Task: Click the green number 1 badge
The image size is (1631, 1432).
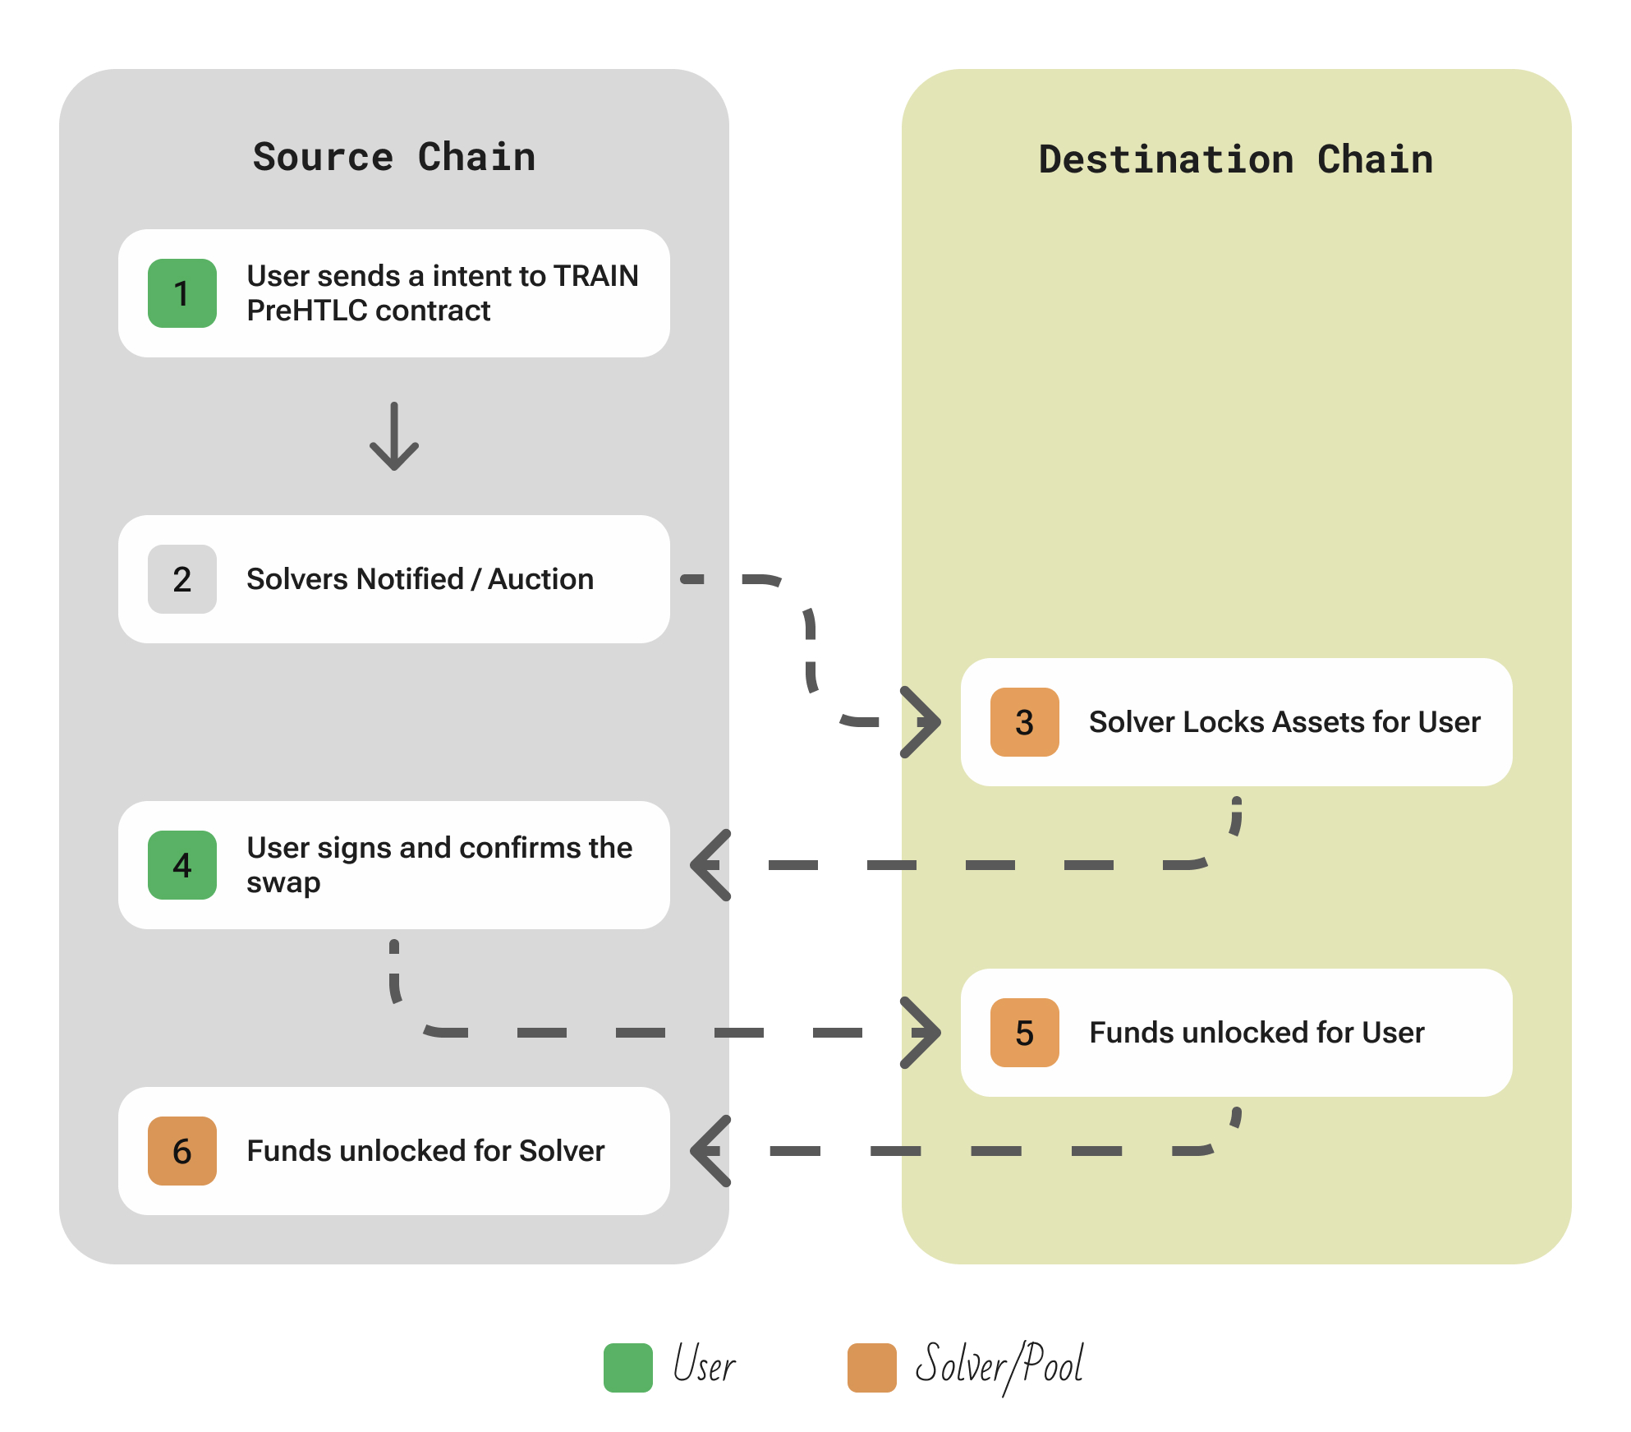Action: tap(181, 293)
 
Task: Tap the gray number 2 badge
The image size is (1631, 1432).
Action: tap(181, 579)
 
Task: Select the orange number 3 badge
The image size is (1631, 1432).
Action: tap(1024, 722)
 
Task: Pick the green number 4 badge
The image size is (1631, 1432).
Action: tap(181, 865)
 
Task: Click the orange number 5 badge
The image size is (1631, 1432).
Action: tap(1024, 1033)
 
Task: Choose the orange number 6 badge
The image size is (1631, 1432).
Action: tap(181, 1151)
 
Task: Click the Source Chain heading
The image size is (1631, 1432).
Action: tap(394, 157)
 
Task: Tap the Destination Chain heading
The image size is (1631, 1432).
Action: tap(1235, 159)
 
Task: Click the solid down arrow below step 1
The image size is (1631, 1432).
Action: tap(394, 437)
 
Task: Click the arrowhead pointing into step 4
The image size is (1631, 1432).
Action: tap(710, 865)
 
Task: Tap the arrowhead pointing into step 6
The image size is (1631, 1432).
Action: tap(710, 1151)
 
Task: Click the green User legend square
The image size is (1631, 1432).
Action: tap(627, 1367)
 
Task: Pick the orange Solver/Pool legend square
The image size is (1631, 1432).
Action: tap(871, 1367)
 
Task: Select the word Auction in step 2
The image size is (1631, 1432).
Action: tap(540, 579)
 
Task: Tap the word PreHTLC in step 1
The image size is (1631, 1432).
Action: tap(306, 311)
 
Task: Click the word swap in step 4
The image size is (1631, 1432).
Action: tap(283, 883)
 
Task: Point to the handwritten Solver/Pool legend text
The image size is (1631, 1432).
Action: tap(999, 1365)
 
